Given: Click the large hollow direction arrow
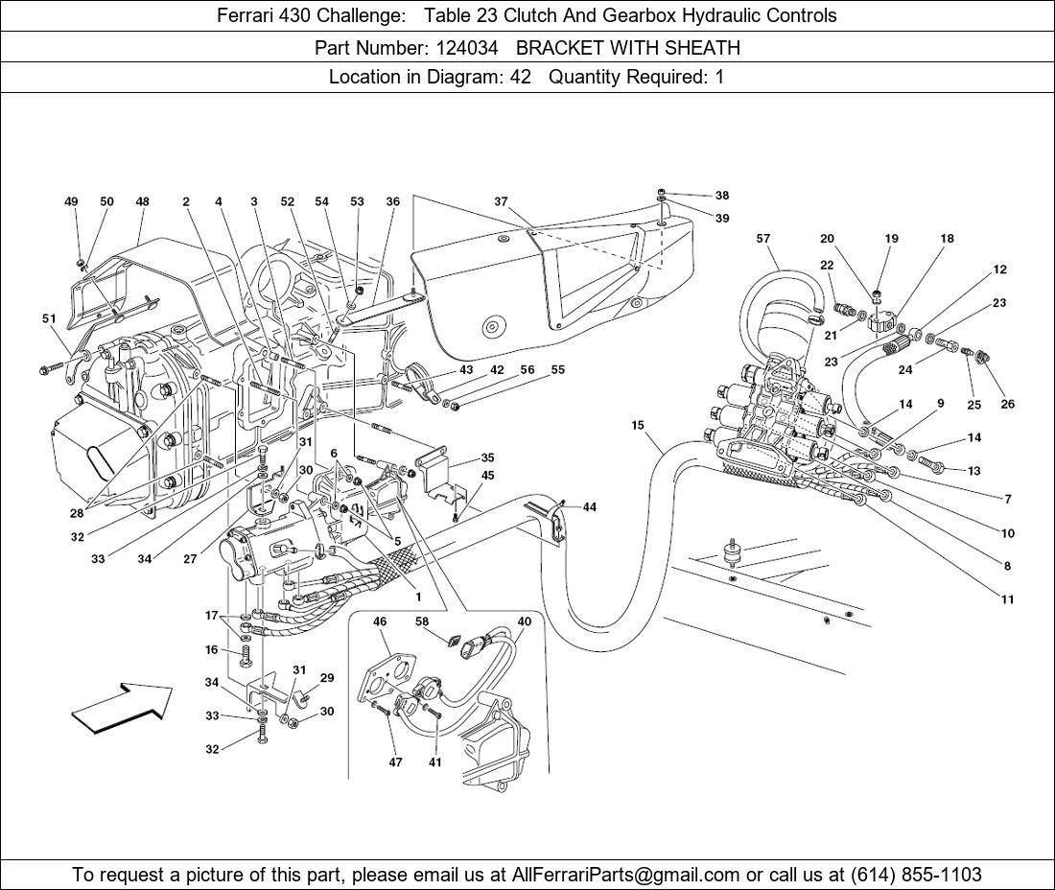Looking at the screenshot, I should click(121, 709).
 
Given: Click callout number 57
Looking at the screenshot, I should click(763, 239).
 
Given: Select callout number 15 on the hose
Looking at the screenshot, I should click(638, 425).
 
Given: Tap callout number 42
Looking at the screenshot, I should click(497, 370).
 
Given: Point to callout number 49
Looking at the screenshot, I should click(71, 202).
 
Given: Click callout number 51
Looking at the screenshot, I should click(49, 318).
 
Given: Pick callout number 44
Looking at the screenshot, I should click(589, 507).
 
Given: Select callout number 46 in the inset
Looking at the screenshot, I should click(380, 622).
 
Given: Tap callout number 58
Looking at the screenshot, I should click(422, 622).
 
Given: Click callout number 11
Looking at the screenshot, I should click(1007, 599).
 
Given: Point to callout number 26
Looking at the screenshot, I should click(1007, 404).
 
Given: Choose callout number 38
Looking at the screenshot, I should click(721, 196).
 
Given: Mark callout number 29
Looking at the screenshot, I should click(327, 678).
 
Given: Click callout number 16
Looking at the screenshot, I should click(212, 650).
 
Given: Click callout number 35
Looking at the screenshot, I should click(488, 458).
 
